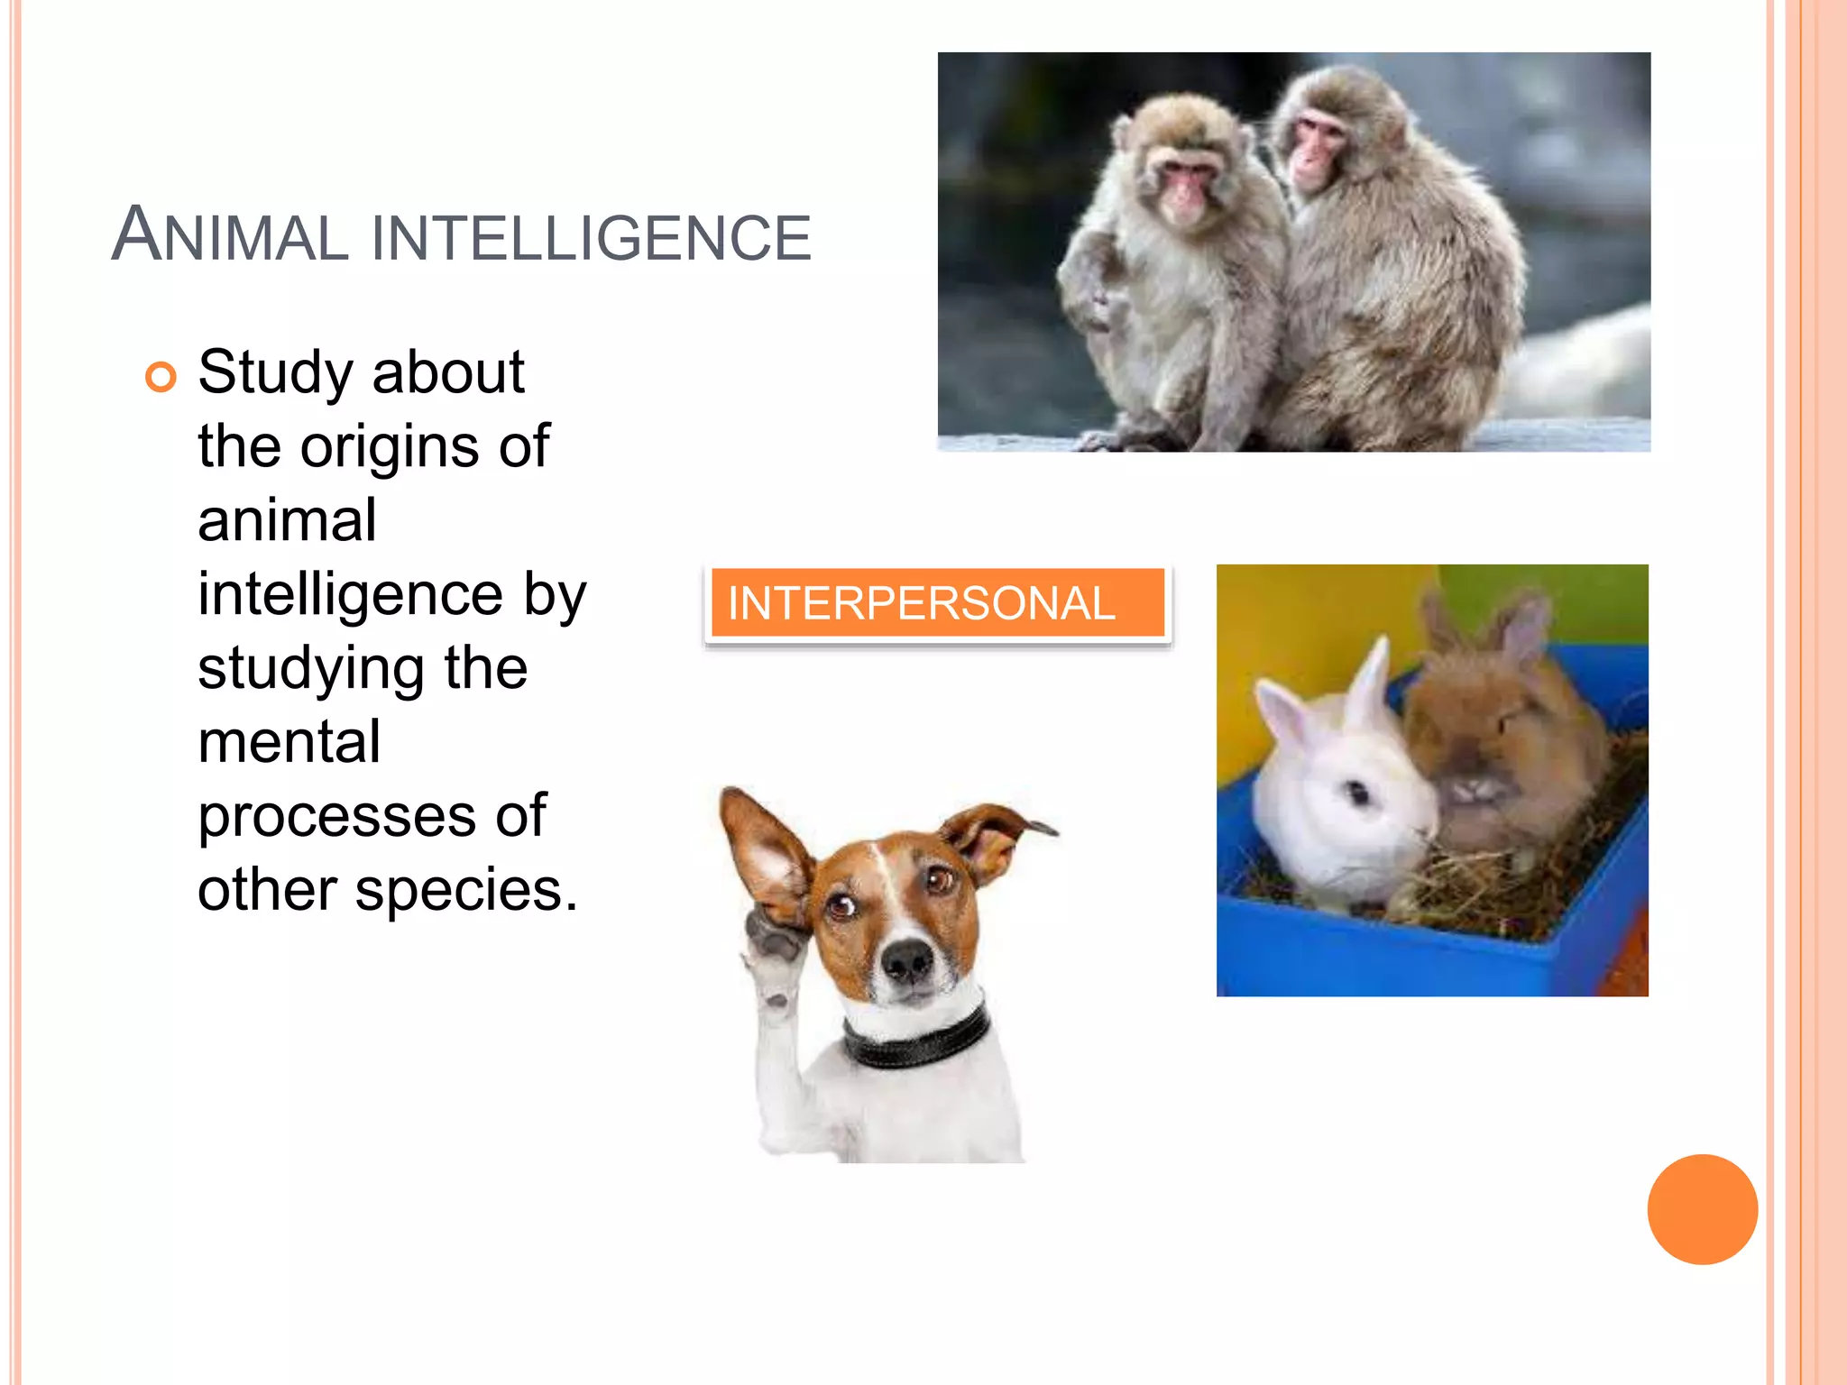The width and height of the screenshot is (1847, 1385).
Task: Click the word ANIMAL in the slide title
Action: pyautogui.click(x=230, y=236)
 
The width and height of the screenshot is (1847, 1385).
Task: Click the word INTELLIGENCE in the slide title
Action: pyautogui.click(x=591, y=238)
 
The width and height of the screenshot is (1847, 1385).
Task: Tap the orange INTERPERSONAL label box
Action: pyautogui.click(x=937, y=603)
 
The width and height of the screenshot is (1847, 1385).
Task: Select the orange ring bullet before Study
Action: pyautogui.click(x=161, y=377)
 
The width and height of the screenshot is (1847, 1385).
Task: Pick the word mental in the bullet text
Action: pyautogui.click(x=289, y=742)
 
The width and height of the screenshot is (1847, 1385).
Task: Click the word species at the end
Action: pyautogui.click(x=465, y=890)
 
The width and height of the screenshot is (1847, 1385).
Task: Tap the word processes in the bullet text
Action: pyautogui.click(x=338, y=816)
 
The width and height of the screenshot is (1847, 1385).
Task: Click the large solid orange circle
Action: pyautogui.click(x=1702, y=1209)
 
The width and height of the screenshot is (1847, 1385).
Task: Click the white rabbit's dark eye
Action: pyautogui.click(x=1357, y=793)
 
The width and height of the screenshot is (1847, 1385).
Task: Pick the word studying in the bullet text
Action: pyautogui.click(x=310, y=670)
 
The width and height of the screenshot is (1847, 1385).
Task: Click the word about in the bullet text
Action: pyautogui.click(x=447, y=372)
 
